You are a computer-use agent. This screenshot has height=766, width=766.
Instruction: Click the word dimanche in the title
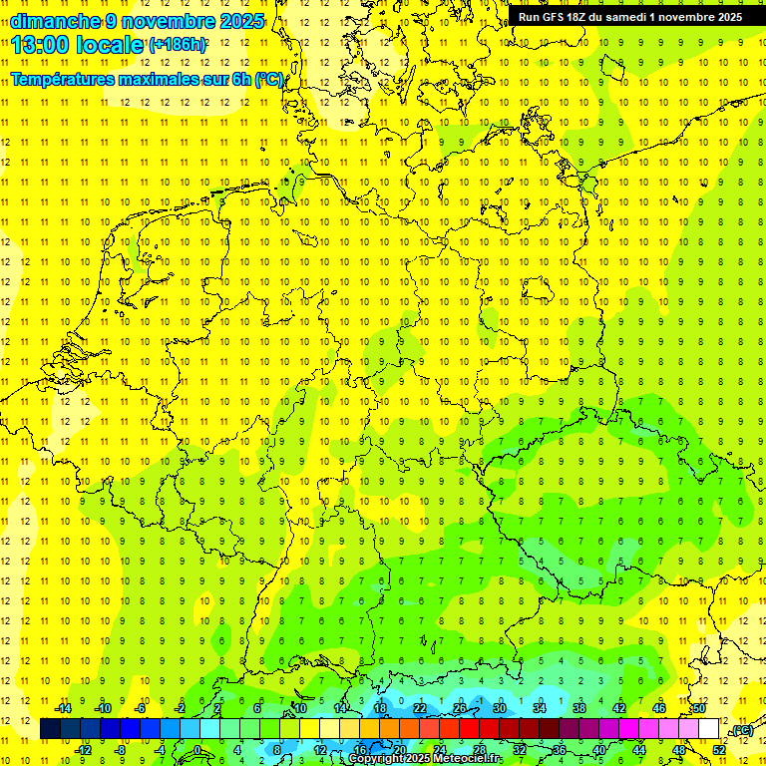[x=54, y=20]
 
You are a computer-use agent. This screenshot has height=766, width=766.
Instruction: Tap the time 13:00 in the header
[x=39, y=44]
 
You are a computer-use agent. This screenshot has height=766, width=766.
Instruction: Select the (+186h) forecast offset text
[x=177, y=45]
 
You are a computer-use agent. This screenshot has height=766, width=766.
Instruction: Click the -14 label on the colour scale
[x=62, y=708]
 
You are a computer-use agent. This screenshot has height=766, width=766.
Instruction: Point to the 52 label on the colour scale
[x=719, y=749]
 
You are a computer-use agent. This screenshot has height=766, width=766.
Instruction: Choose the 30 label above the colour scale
[x=500, y=708]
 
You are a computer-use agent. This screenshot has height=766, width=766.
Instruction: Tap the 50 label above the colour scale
[x=699, y=708]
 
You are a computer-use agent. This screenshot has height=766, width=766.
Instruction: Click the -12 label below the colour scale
[x=83, y=749]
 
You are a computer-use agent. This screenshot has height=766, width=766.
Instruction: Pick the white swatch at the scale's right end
[x=709, y=729]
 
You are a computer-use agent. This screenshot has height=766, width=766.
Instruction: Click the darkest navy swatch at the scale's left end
[x=50, y=729]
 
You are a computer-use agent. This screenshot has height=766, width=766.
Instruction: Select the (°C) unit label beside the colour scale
[x=741, y=730]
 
